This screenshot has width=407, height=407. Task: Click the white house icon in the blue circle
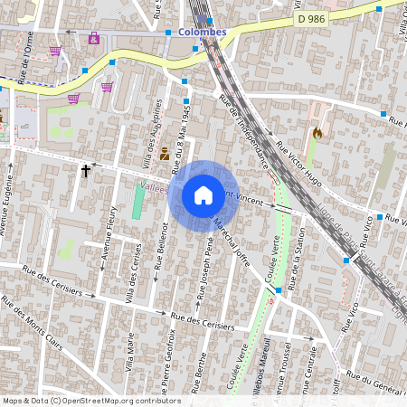[x=203, y=194]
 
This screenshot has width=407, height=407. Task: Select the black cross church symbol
[x=87, y=170]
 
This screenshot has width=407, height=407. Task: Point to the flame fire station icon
[x=317, y=133]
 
